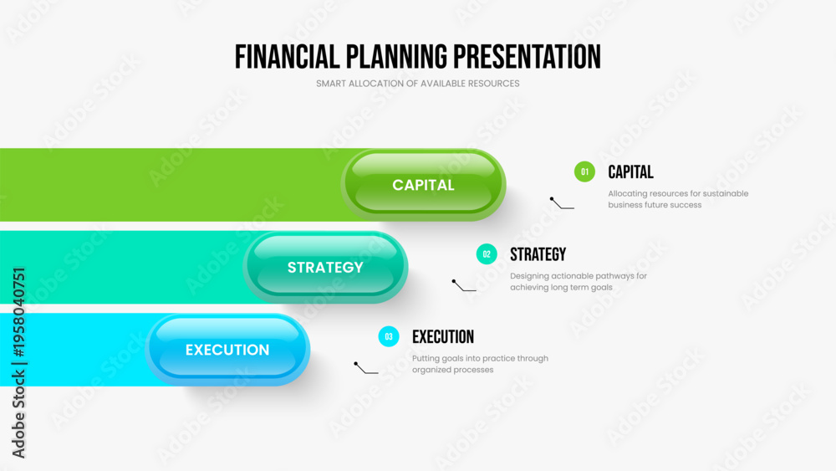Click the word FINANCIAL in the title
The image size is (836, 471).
(287, 57)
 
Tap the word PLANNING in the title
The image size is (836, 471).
(396, 57)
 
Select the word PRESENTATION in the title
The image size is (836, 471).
(528, 57)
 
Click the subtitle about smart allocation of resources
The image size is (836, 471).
(417, 84)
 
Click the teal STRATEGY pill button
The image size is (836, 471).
(325, 267)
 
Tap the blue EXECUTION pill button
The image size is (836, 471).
(227, 350)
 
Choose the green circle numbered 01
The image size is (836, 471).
(584, 172)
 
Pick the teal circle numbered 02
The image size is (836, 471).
(487, 254)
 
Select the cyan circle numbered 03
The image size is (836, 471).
(389, 336)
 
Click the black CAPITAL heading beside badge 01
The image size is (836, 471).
(630, 172)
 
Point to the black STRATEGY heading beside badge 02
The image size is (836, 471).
(538, 254)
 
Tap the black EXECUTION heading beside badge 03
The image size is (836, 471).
(443, 336)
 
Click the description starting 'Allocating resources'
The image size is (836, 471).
(678, 199)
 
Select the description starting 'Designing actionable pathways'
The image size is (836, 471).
(579, 282)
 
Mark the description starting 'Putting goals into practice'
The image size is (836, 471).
(480, 364)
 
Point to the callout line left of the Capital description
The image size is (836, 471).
(562, 203)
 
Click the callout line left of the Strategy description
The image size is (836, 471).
(463, 286)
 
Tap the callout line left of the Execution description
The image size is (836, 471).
(366, 368)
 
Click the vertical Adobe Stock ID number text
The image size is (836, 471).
(19, 313)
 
